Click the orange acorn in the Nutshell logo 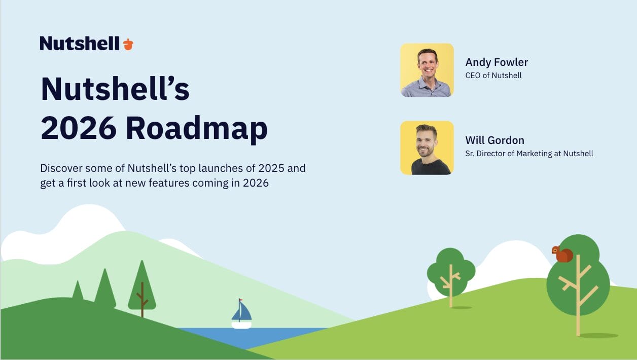point(128,44)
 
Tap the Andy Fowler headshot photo point(427,70)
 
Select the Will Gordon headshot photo point(427,148)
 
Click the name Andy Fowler point(497,62)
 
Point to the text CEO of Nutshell point(493,76)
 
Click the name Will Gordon point(495,140)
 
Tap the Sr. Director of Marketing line point(529,154)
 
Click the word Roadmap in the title point(196,128)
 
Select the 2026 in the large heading point(79,128)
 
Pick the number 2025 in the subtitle point(271,168)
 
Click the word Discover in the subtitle point(61,168)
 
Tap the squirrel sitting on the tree point(562,254)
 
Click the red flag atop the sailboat point(240,300)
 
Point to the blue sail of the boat point(242,311)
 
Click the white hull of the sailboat point(241,325)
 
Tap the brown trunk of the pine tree point(142,300)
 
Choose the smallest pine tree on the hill point(78,291)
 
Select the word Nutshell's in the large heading point(115,89)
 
